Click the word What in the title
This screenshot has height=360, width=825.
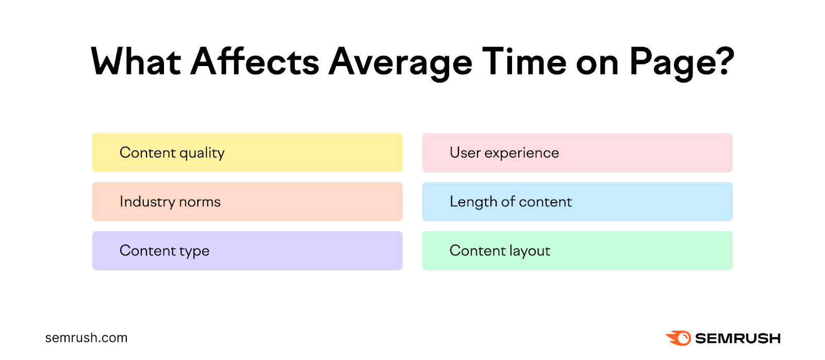(136, 62)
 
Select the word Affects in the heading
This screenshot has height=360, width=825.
(255, 62)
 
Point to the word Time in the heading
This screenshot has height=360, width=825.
(524, 62)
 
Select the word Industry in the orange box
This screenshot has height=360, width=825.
(147, 202)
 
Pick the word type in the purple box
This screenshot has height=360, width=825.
(194, 252)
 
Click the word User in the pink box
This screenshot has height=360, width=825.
(465, 153)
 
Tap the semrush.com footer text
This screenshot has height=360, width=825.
(86, 338)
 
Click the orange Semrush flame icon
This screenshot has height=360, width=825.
(679, 338)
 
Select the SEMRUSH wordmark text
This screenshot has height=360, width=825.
(737, 338)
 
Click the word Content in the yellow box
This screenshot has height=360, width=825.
(147, 153)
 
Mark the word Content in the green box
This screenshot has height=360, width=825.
(477, 251)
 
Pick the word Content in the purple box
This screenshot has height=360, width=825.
(147, 251)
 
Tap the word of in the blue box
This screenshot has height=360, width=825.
(508, 202)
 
